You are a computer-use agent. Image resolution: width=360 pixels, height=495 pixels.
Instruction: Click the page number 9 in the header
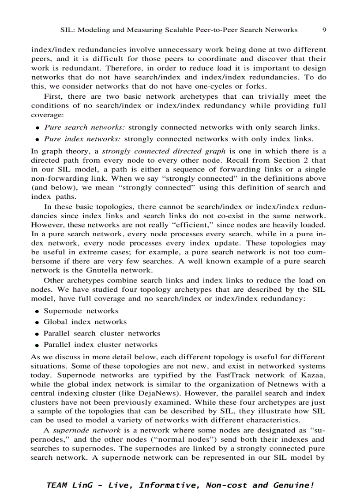(324, 30)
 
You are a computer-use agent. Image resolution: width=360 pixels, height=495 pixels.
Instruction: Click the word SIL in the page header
(65, 30)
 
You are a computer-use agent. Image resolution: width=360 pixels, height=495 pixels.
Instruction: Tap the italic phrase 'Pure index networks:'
(82, 139)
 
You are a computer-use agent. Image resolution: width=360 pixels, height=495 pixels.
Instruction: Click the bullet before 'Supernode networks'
(38, 311)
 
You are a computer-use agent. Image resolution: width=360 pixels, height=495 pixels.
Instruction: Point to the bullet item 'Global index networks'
(85, 322)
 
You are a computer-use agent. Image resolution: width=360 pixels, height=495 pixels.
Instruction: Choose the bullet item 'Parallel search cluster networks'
(102, 333)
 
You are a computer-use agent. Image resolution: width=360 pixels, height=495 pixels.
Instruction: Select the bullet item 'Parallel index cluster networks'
(101, 345)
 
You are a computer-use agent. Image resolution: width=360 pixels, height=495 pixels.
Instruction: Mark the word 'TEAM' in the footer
(56, 485)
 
